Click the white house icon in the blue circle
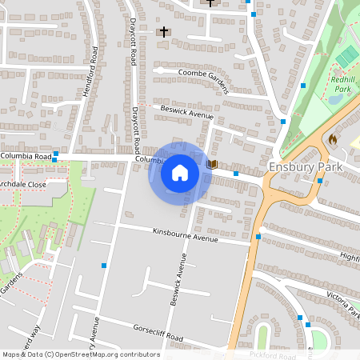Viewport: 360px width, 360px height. coord(179,173)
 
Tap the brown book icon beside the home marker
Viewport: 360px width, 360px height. coord(212,164)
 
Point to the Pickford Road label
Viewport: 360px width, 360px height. coord(274,353)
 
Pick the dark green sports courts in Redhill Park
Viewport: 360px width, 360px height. coord(346,57)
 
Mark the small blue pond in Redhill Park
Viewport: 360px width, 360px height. coord(334,100)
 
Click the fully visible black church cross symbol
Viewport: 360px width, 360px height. coord(164,32)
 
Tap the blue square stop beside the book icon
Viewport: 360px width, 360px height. coord(236,173)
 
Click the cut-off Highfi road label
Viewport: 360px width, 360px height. coord(350,257)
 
